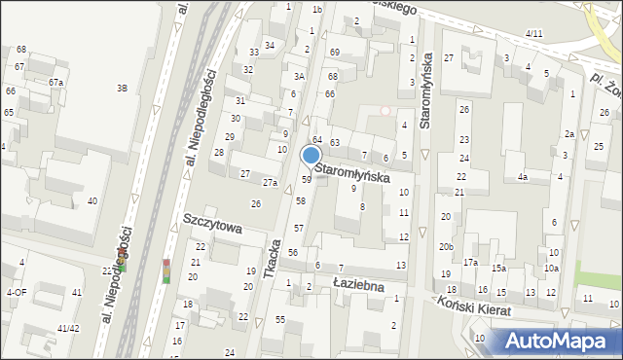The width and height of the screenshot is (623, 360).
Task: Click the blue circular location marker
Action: (311, 155)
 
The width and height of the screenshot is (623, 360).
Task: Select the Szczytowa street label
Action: (211, 223)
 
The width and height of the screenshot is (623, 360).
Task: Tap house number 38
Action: (123, 89)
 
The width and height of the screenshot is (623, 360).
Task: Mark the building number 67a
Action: (55, 83)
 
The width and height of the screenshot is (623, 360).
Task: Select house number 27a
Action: (271, 182)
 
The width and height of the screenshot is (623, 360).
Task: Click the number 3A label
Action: (300, 76)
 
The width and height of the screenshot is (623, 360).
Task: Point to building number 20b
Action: (446, 247)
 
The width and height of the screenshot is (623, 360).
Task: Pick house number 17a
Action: (470, 263)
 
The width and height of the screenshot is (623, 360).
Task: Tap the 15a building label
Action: (498, 268)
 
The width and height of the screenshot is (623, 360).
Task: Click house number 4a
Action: (523, 177)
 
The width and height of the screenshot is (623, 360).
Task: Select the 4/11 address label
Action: (533, 34)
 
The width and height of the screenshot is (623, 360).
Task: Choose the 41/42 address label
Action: (67, 329)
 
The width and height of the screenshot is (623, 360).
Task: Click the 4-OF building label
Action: (17, 292)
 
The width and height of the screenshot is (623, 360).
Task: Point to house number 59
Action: (306, 179)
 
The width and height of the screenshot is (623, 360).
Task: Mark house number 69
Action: (334, 52)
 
